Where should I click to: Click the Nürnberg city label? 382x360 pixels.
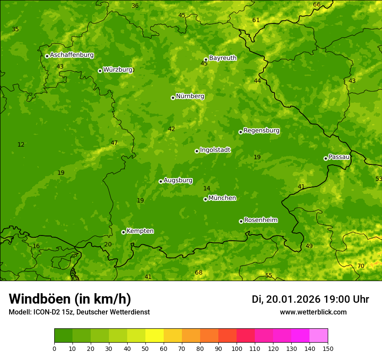click(190, 96)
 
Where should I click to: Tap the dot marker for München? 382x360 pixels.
click(205, 199)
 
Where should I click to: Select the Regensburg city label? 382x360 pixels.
click(261, 131)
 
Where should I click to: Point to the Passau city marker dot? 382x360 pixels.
click(326, 158)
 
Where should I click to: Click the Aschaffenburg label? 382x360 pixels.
click(72, 55)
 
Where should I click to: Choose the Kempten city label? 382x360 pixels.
click(140, 231)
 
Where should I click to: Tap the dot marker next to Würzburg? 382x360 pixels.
click(100, 71)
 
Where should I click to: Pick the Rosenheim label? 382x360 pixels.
click(260, 220)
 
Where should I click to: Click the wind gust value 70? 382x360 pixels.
click(361, 266)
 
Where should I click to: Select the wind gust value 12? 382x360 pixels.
click(21, 144)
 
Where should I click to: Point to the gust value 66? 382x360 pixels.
click(317, 5)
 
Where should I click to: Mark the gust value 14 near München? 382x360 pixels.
click(207, 188)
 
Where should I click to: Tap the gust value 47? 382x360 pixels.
click(114, 143)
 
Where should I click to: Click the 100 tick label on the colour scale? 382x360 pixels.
click(237, 348)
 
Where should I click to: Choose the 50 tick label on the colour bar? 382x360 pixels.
click(145, 348)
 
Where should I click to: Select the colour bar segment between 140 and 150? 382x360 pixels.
click(319, 335)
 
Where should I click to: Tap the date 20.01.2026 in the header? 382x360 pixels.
click(293, 299)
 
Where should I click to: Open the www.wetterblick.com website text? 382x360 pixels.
click(313, 312)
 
